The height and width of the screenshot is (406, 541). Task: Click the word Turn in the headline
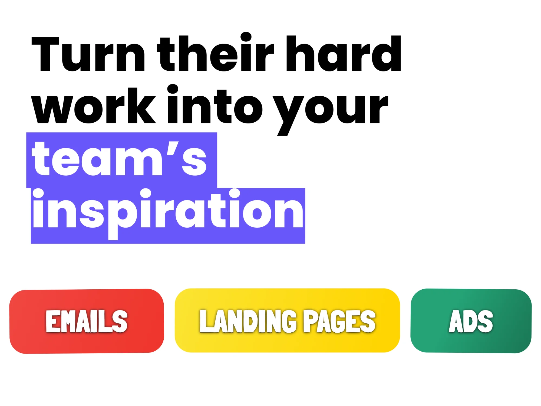pyautogui.click(x=88, y=54)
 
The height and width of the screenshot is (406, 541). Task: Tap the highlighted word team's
pyautogui.click(x=119, y=160)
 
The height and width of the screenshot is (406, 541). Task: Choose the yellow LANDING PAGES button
pyautogui.click(x=287, y=320)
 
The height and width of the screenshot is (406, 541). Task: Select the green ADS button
pyautogui.click(x=471, y=321)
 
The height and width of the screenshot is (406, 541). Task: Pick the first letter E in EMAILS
pyautogui.click(x=52, y=321)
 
